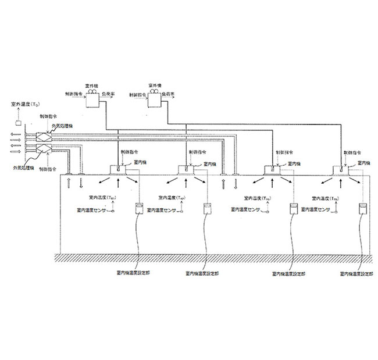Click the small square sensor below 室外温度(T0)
pos(18,123)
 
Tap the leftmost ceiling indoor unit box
pos(119,169)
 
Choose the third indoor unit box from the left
pos(273,170)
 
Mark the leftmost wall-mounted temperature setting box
pos(140,209)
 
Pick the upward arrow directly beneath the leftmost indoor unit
pos(120,183)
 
